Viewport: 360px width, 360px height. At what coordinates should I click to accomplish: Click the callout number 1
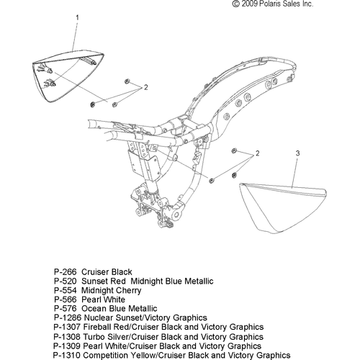(x=77, y=17)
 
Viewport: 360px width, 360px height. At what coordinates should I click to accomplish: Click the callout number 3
(x=297, y=153)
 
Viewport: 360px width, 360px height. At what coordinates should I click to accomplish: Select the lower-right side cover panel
(x=283, y=208)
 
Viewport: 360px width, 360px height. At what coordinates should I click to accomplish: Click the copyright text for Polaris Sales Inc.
(x=273, y=4)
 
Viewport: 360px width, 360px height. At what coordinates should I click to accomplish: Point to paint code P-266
(x=65, y=272)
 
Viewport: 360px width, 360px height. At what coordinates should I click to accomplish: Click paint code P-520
(x=65, y=281)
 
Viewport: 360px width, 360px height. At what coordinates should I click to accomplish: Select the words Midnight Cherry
(x=112, y=290)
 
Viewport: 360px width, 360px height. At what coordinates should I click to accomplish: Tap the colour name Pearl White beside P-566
(x=103, y=300)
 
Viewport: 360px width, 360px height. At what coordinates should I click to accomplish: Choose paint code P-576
(x=65, y=308)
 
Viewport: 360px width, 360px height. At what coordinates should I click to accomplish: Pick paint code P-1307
(x=67, y=327)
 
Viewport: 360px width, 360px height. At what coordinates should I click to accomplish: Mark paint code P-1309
(x=67, y=346)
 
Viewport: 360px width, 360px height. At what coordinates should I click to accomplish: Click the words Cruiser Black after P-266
(x=107, y=272)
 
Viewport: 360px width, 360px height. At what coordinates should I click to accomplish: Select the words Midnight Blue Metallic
(x=172, y=281)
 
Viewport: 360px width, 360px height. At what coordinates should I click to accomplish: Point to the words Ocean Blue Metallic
(x=120, y=308)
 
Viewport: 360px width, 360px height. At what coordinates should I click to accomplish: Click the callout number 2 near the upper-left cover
(x=145, y=87)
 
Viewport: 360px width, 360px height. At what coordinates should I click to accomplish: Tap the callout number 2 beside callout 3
(x=258, y=153)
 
